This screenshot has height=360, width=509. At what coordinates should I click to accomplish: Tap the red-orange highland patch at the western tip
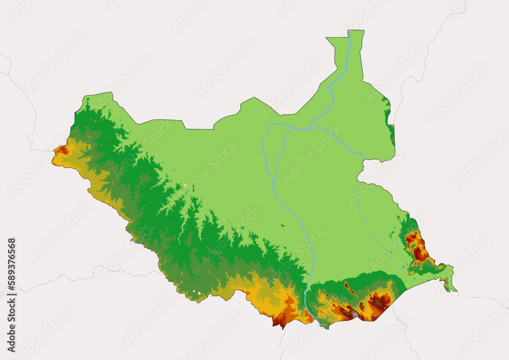click(63, 150)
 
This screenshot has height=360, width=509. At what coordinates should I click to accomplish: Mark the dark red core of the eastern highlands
click(420, 253)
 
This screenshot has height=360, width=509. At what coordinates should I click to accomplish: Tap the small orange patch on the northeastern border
click(392, 127)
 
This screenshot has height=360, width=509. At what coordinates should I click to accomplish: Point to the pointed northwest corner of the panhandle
click(327, 38)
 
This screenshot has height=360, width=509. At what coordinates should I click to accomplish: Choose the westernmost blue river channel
click(264, 148)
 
